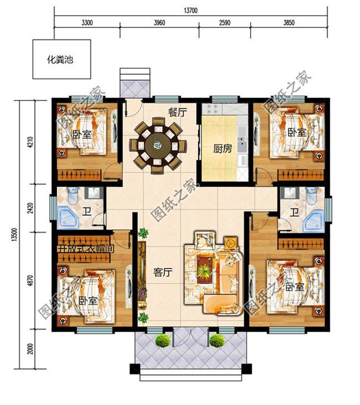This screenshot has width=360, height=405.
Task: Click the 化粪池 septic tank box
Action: (61, 60)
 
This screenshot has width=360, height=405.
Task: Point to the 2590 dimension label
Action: (224, 22)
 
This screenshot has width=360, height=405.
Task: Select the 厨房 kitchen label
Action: (223, 149)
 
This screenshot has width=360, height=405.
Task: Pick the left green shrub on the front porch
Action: (163, 341)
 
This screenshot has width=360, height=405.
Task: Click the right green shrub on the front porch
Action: (216, 341)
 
